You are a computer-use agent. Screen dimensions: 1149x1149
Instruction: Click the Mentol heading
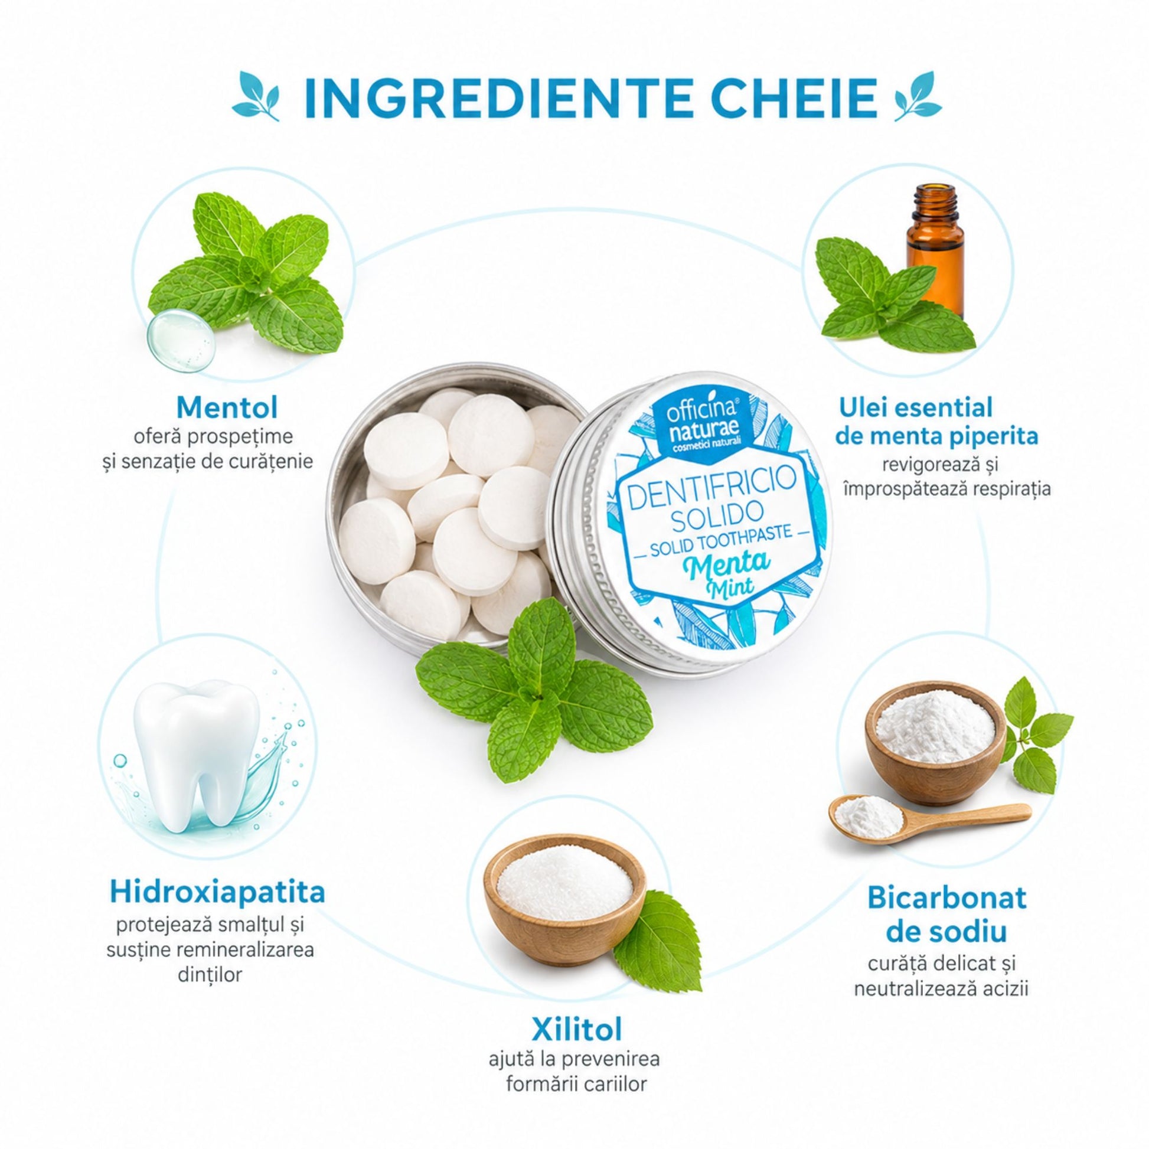pyautogui.click(x=227, y=409)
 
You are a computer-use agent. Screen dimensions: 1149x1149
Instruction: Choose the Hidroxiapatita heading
pyautogui.click(x=218, y=892)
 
